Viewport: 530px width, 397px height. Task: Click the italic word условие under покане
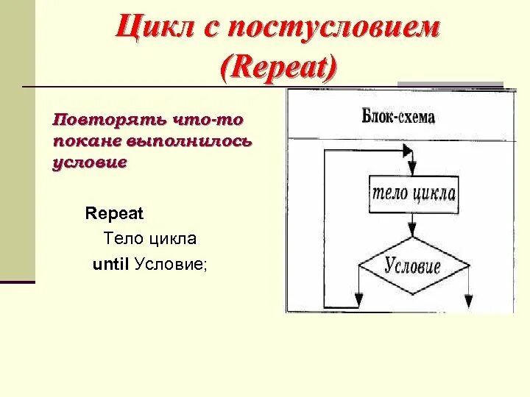click(x=90, y=162)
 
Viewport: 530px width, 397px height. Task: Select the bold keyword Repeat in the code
click(x=114, y=214)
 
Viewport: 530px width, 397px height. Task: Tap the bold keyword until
click(x=111, y=264)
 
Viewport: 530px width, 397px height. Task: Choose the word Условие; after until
click(x=172, y=264)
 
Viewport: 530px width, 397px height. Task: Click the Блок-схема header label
click(x=398, y=117)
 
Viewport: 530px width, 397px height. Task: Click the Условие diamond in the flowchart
click(x=412, y=265)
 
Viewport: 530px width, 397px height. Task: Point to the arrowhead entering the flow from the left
click(x=406, y=149)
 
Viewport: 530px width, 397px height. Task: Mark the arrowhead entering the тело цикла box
click(x=412, y=168)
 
